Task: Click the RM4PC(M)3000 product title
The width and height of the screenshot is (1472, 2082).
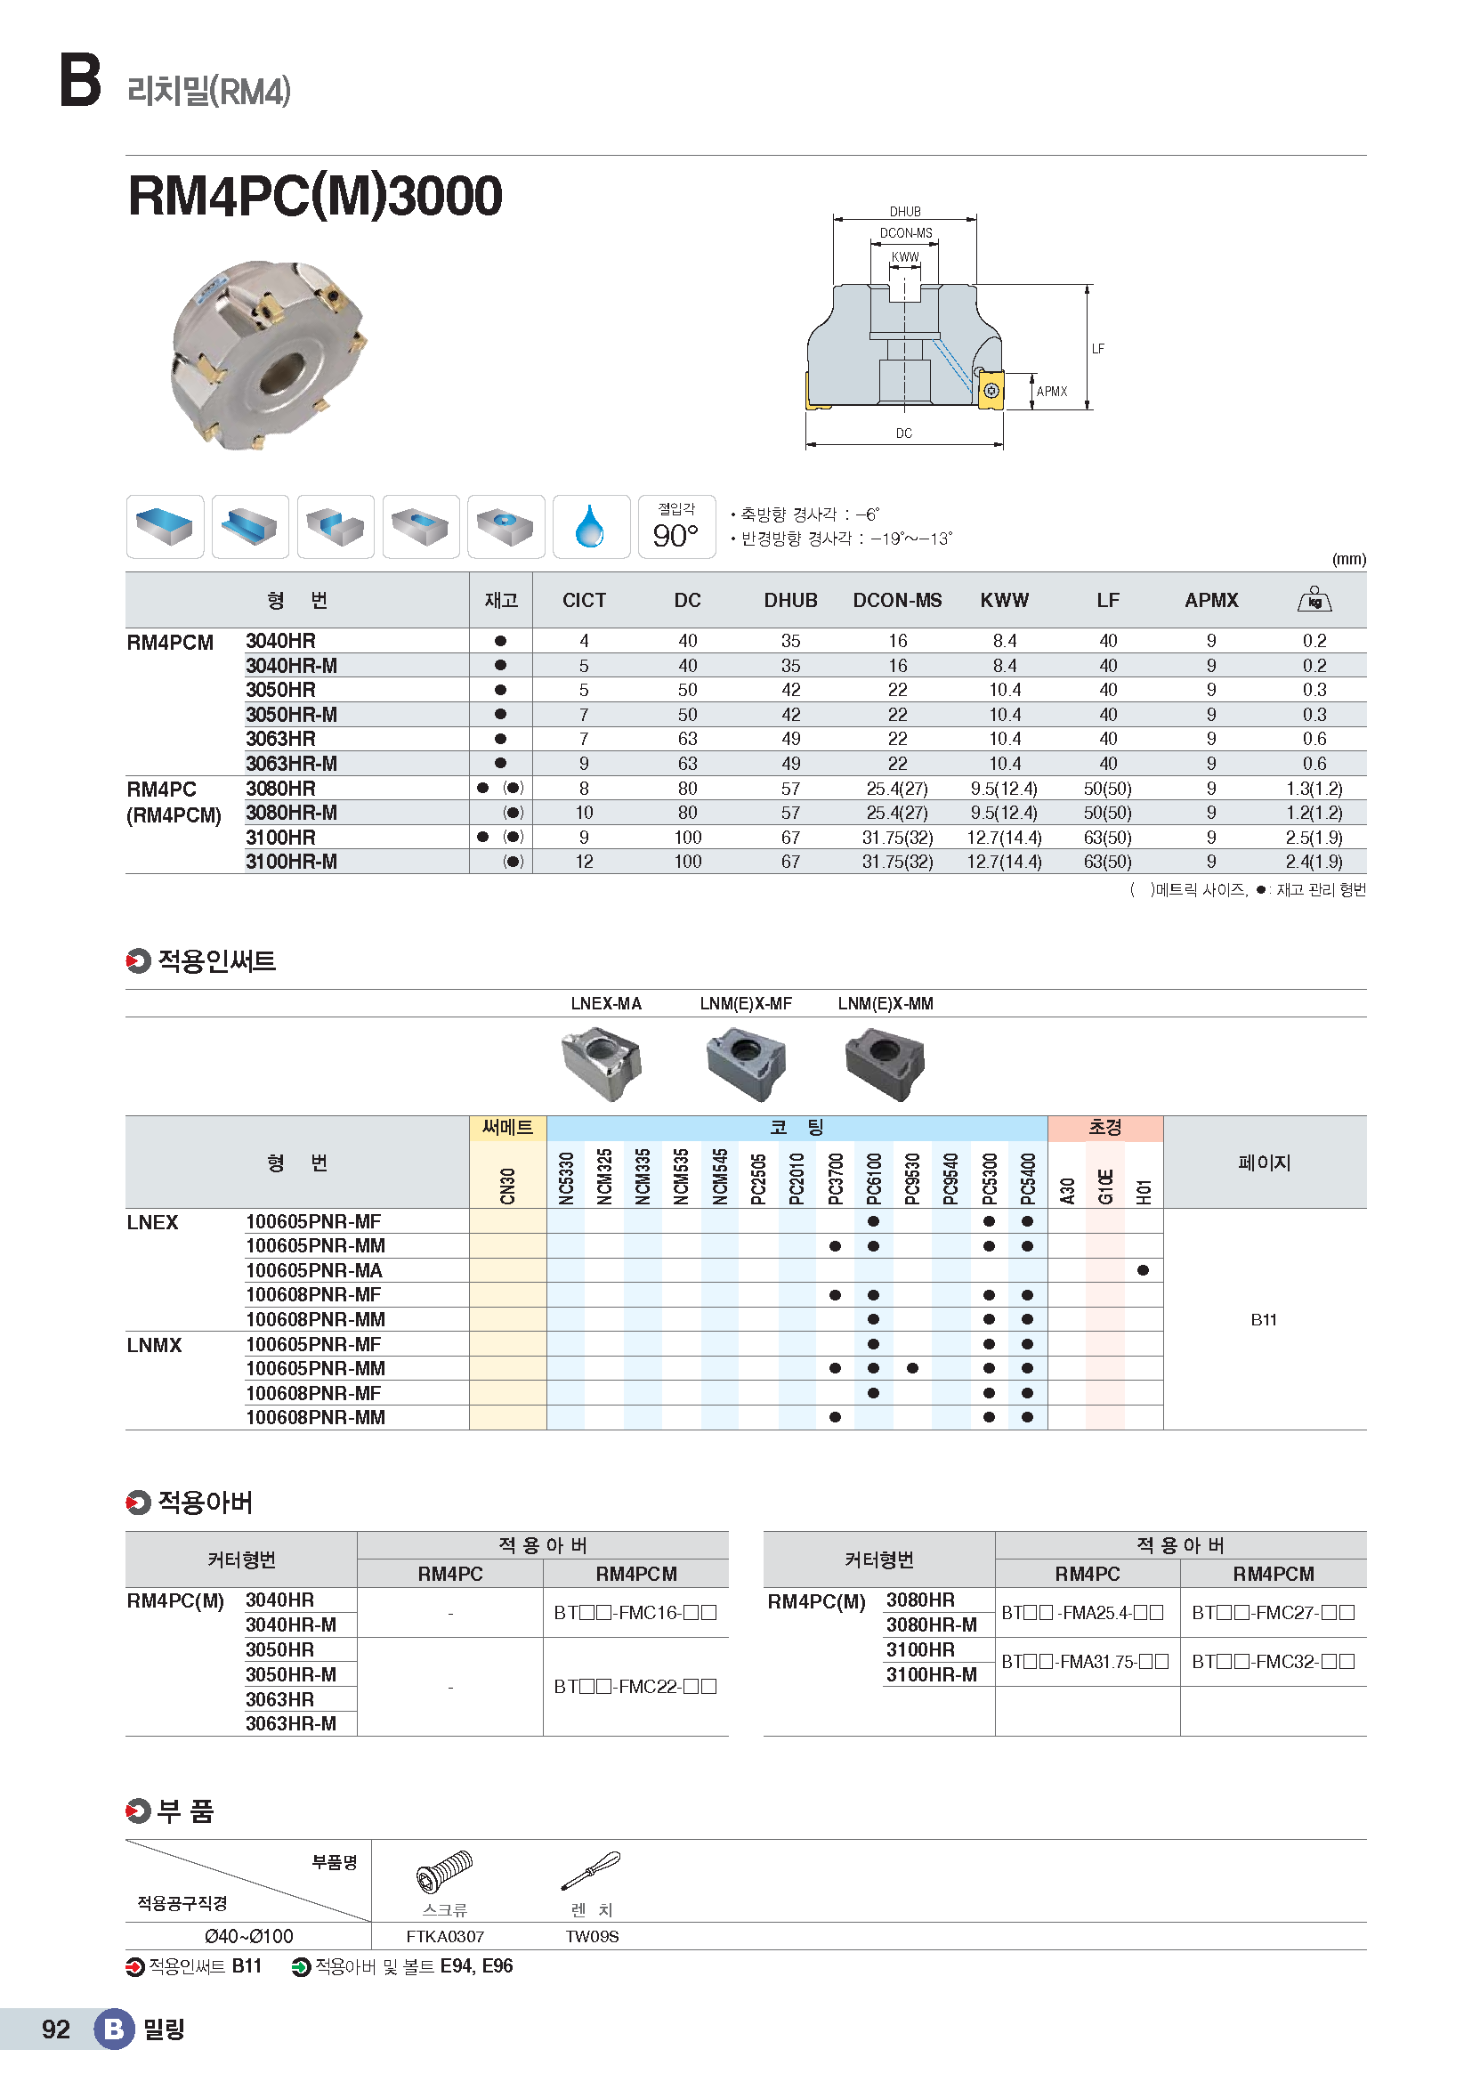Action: point(314,196)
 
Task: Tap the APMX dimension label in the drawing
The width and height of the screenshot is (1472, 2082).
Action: point(1051,392)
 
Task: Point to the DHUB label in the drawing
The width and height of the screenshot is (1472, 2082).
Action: point(904,211)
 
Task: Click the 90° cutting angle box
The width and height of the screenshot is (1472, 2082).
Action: point(676,527)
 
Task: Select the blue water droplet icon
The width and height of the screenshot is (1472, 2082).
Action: point(590,527)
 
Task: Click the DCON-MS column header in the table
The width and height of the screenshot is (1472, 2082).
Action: point(896,600)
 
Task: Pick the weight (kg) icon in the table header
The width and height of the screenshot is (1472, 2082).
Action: point(1314,599)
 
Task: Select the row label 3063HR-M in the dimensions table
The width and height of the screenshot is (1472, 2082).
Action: point(291,764)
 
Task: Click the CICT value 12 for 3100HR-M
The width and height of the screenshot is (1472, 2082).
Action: point(584,862)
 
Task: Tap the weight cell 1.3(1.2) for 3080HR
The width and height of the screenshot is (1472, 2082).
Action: point(1314,789)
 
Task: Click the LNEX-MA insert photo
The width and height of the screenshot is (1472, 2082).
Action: point(601,1063)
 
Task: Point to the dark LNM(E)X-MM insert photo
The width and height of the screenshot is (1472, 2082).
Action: point(885,1063)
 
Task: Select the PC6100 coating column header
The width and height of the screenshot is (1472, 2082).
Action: point(874,1177)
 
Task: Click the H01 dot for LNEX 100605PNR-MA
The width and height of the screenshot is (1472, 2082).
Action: point(1143,1270)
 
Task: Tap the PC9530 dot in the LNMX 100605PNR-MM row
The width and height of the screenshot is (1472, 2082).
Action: point(912,1368)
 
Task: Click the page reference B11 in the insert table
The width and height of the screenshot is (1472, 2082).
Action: point(1264,1320)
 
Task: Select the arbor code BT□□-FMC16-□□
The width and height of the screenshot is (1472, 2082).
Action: point(635,1613)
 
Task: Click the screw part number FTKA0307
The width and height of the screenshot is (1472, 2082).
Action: point(445,1936)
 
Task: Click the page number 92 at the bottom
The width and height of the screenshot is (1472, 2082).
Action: point(56,2029)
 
